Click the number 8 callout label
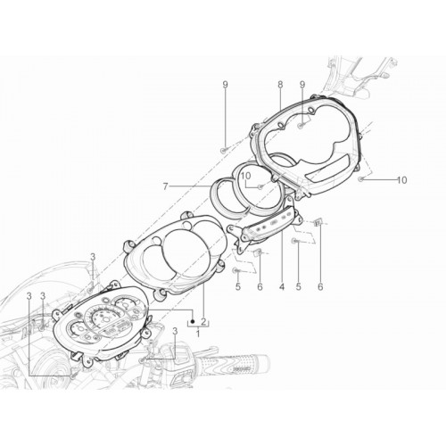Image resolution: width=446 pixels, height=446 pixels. tap(280, 85)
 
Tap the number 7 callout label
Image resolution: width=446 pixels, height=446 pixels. tap(166, 186)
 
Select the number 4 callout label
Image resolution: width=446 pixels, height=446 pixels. tap(282, 286)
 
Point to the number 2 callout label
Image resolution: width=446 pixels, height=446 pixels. tap(203, 321)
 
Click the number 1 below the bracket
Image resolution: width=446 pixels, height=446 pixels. tap(198, 334)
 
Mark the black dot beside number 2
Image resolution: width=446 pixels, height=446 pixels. tap(193, 321)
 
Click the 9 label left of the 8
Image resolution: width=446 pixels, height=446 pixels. tap(226, 85)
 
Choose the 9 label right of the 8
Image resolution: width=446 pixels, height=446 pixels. tap(302, 85)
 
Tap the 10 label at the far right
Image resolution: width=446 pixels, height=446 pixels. tap(402, 180)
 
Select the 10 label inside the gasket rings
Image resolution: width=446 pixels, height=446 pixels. tap(246, 176)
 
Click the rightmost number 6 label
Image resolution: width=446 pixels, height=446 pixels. tap(320, 286)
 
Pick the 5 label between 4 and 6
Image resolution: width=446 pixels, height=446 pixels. tap(299, 286)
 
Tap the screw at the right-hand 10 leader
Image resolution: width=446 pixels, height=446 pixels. tap(360, 179)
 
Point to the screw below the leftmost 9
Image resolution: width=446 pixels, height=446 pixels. tap(223, 152)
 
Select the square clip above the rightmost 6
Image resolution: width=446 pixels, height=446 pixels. tap(318, 222)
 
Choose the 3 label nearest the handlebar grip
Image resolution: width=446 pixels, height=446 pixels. tap(175, 331)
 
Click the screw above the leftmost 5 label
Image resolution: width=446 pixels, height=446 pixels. tap(235, 270)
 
